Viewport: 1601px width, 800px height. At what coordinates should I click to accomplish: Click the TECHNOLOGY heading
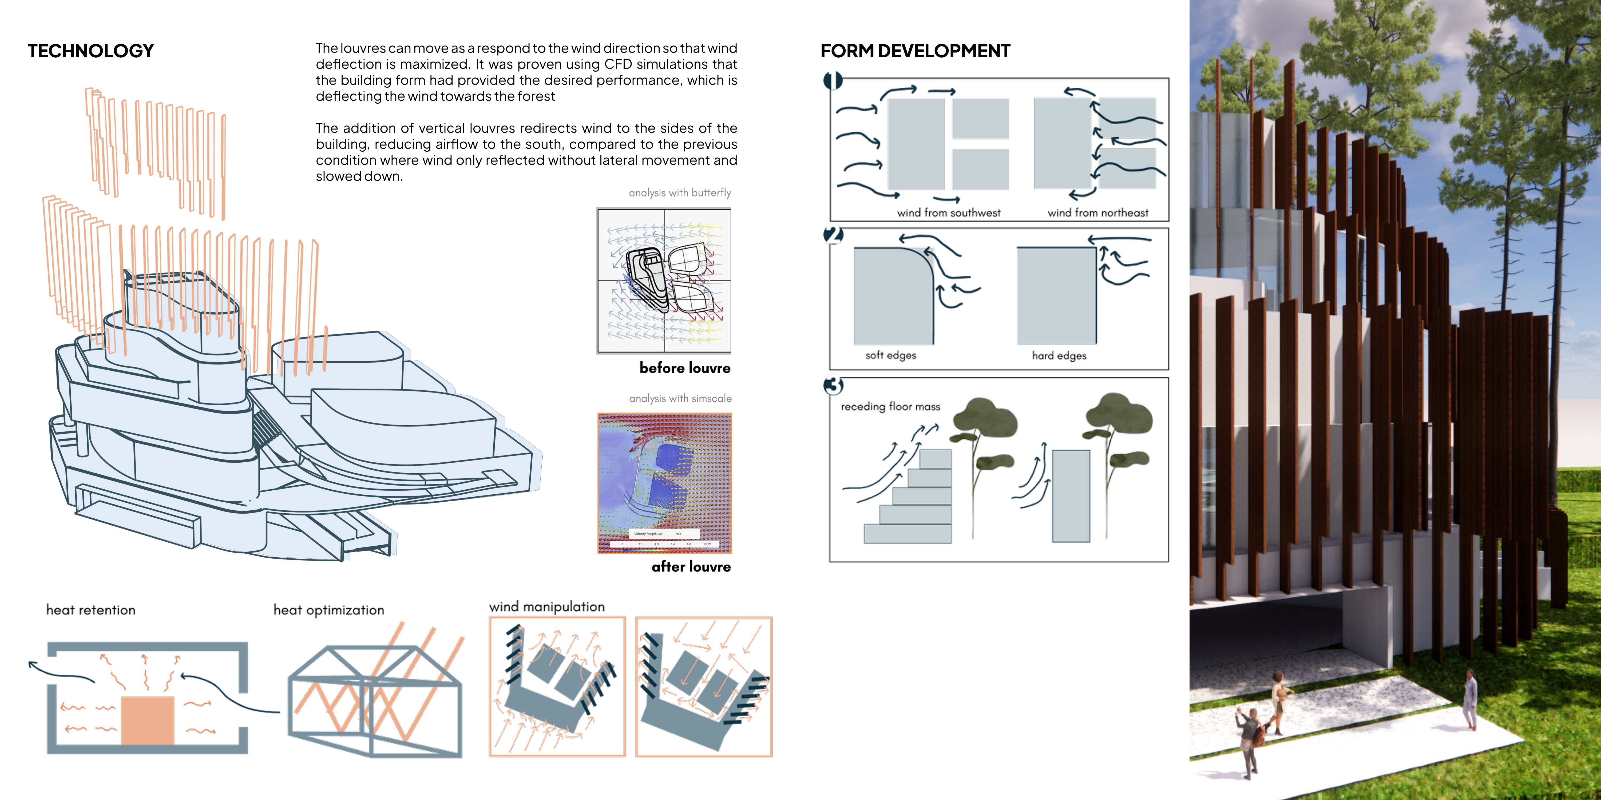pyautogui.click(x=91, y=51)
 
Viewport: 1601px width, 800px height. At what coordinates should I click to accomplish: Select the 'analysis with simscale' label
pyautogui.click(x=680, y=398)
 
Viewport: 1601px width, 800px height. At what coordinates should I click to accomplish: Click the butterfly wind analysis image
pyautogui.click(x=664, y=281)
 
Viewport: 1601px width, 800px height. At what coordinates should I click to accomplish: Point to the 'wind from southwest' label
pyautogui.click(x=948, y=213)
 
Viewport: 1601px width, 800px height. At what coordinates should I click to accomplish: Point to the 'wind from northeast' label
pyautogui.click(x=1097, y=213)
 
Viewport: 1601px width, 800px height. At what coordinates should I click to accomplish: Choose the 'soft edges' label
pyautogui.click(x=891, y=355)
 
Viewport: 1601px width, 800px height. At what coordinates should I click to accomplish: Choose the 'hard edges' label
pyautogui.click(x=1059, y=355)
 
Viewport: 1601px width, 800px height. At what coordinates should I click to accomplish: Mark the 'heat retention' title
pyautogui.click(x=91, y=610)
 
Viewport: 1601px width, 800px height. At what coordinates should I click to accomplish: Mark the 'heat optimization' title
pyautogui.click(x=329, y=610)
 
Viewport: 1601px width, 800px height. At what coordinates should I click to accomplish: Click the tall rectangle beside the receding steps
pyautogui.click(x=1071, y=496)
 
